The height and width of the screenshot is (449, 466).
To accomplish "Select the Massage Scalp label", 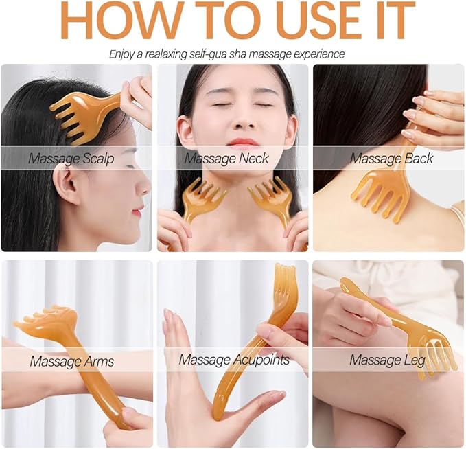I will click(71, 159).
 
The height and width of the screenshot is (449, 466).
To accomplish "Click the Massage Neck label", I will click(226, 159).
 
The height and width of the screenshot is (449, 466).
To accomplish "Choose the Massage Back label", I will click(392, 159).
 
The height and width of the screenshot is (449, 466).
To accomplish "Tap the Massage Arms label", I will click(71, 360).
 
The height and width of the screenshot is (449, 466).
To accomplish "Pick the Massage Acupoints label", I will click(233, 360).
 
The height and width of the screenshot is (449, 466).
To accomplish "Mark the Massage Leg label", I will click(387, 360).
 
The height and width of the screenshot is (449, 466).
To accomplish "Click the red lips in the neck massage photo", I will click(244, 142).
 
